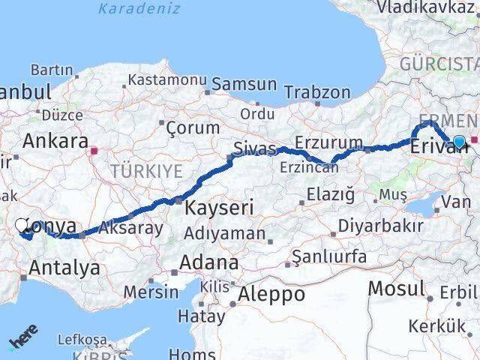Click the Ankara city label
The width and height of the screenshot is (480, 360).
tap(55, 140)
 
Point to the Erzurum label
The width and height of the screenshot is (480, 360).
tap(329, 142)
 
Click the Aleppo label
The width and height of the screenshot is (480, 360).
tap(271, 295)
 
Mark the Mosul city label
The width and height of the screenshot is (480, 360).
tap(397, 288)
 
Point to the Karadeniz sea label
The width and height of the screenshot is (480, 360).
tap(139, 9)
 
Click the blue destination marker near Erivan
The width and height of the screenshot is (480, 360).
tap(459, 141)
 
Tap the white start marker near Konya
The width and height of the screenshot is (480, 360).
tap(22, 224)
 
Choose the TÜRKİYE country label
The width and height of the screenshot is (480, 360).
tap(146, 172)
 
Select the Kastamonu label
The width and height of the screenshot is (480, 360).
tap(167, 79)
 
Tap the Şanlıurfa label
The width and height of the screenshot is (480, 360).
tap(329, 257)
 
